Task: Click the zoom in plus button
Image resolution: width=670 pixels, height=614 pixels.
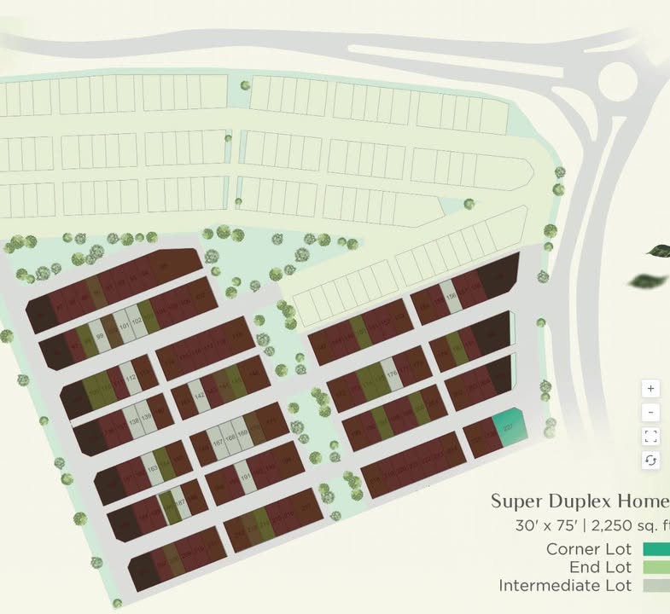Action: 650,389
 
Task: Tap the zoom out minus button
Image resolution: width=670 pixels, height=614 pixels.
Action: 650,413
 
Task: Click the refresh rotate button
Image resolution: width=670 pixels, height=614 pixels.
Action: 650,460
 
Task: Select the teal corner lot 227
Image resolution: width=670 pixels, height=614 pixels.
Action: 509,429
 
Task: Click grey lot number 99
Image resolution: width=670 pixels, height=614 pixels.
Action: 99,337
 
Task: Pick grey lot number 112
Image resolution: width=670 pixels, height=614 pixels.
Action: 131,379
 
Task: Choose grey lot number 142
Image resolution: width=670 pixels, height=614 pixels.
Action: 198,397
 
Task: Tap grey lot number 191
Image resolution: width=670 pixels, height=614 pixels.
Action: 248,478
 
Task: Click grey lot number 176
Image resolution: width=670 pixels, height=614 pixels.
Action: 392,375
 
